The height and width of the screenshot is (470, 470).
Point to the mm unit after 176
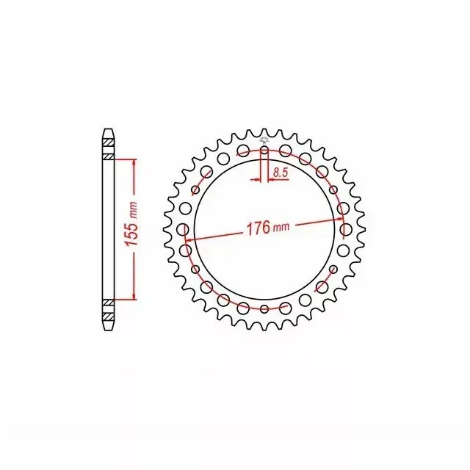[x=281, y=227]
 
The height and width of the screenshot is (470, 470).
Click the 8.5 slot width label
[x=281, y=173]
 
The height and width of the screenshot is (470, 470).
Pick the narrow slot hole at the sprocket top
[x=264, y=151]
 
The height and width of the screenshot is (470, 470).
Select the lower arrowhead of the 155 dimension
[x=134, y=295]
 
